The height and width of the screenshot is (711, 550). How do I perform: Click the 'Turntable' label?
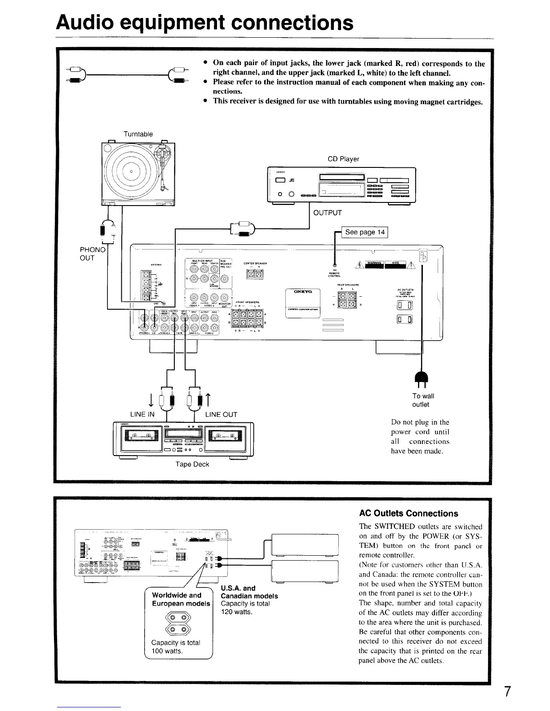click(138, 134)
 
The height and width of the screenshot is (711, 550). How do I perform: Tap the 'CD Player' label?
click(343, 159)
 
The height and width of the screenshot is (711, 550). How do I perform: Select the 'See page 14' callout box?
click(365, 232)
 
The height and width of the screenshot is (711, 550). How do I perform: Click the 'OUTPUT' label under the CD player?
click(328, 212)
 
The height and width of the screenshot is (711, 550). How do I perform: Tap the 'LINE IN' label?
click(142, 414)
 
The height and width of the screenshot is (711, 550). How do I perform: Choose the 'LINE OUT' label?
click(221, 414)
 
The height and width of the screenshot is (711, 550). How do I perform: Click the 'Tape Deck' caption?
click(192, 464)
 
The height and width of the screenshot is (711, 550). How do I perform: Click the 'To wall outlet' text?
click(423, 400)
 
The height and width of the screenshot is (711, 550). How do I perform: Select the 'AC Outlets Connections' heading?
click(409, 513)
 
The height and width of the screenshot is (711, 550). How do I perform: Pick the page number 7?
click(507, 692)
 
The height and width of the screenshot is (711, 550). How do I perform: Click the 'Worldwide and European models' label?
click(181, 599)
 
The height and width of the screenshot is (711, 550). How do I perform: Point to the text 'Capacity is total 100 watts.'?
click(176, 647)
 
